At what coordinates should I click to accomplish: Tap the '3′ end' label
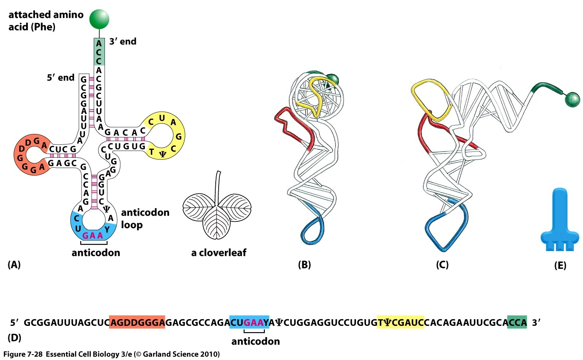coord(123,42)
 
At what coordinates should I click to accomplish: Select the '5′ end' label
coord(60,77)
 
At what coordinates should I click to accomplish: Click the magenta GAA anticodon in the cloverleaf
coord(92,235)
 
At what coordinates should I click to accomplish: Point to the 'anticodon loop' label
coord(145,218)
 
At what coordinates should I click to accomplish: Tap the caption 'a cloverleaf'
coord(218,253)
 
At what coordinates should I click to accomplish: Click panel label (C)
coord(442,265)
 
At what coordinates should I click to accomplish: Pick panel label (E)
coord(560,265)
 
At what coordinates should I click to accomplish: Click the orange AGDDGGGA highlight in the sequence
coord(137,322)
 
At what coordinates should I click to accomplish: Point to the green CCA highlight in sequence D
coord(517,322)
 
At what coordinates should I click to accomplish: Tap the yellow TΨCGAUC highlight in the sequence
coord(400,322)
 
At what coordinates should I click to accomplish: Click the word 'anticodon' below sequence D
coord(255,342)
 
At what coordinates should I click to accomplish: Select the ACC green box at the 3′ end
coord(99,52)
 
